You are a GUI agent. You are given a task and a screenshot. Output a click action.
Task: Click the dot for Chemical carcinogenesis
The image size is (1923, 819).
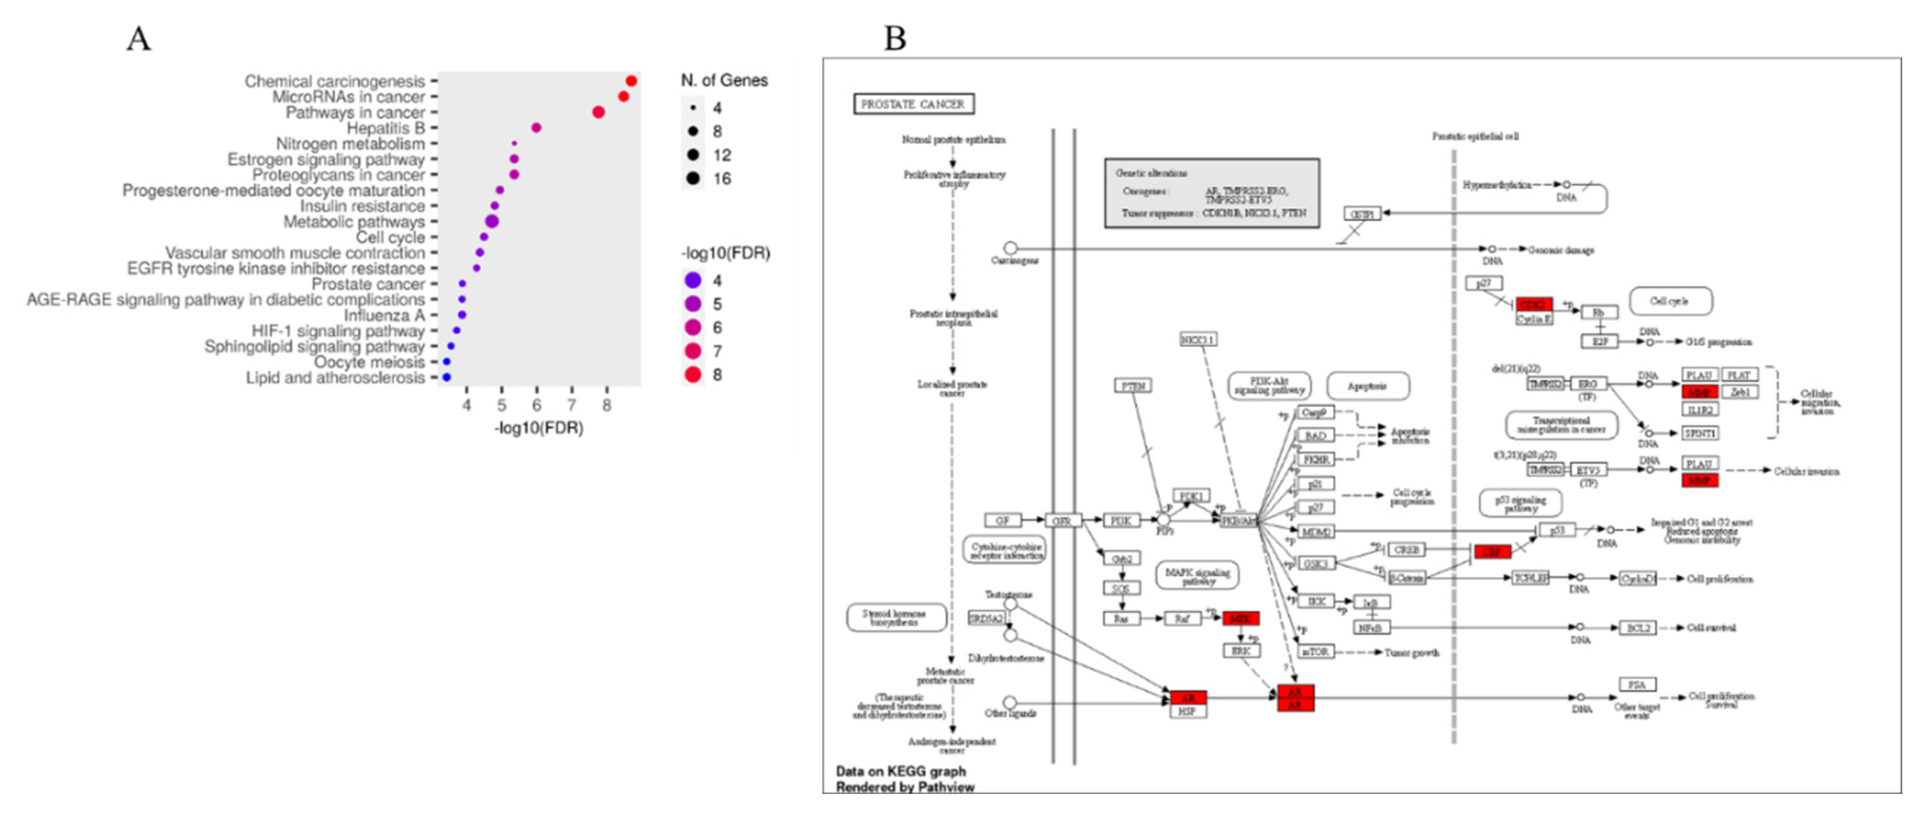coord(631,80)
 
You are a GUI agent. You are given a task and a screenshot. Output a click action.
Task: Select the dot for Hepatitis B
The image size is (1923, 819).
coord(536,128)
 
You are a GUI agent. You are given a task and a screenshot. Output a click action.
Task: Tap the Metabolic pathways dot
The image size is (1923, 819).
coord(491,221)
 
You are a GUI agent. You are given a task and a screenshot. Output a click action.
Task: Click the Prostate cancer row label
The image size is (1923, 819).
coord(368,284)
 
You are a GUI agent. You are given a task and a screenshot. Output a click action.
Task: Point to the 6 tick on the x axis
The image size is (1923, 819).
coord(536,405)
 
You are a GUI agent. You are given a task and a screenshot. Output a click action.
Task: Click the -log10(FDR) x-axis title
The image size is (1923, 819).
coord(538,428)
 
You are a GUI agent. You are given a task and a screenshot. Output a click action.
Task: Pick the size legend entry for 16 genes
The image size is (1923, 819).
coord(694,178)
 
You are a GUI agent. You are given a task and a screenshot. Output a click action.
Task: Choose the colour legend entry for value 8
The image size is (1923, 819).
coord(694,375)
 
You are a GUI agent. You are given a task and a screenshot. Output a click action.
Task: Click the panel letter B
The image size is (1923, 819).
coord(895,38)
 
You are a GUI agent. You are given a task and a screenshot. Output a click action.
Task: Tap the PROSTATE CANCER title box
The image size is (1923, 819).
coord(913,104)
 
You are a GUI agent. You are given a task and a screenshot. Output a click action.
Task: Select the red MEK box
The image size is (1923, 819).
coord(1240,618)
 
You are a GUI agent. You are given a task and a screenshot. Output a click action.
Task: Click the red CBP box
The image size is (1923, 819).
coord(1491,552)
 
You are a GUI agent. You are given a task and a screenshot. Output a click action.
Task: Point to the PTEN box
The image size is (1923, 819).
coord(1133,385)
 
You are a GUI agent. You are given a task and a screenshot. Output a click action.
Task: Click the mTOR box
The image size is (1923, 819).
coord(1315,652)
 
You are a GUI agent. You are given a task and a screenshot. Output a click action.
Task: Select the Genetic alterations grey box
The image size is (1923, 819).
coord(1211,192)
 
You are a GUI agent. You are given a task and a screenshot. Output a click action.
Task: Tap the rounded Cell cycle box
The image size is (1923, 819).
coord(1670,301)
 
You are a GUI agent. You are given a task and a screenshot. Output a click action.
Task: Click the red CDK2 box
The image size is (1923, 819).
coord(1533,304)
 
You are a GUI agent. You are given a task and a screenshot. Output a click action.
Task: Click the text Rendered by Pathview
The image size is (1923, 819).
coord(905,787)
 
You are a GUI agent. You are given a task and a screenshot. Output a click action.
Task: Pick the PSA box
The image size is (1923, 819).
coord(1636,684)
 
